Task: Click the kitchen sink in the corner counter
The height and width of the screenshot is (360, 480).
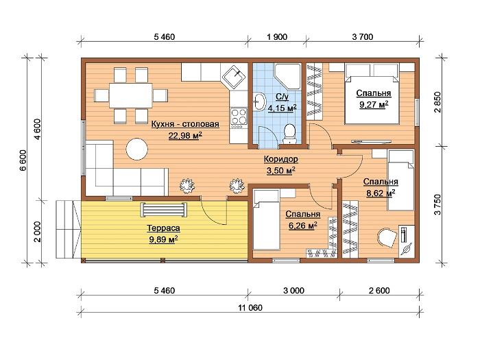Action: coord(235,77)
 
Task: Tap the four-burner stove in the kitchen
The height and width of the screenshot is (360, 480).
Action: coord(239,117)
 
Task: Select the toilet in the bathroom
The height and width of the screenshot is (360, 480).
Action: coord(289,134)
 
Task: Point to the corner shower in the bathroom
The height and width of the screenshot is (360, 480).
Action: coord(287,77)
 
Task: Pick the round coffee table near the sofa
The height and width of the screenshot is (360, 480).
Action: coord(137,149)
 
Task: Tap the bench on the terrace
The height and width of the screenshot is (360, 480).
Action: coord(164,210)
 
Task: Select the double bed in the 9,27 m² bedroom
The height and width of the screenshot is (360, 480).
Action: coord(372,94)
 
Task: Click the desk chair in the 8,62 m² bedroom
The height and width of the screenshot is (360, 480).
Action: coord(387,237)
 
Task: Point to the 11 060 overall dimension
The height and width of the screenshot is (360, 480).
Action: coord(250,308)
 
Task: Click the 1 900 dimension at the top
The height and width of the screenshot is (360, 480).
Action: coord(277,37)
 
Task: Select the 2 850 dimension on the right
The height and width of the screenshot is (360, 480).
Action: coord(437,102)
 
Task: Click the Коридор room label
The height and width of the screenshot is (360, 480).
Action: coord(280,159)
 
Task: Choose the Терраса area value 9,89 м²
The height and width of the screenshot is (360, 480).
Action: coord(164,239)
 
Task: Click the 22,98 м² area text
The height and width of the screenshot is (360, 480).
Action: coord(186,135)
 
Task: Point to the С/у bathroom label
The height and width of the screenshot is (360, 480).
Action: coord(282,97)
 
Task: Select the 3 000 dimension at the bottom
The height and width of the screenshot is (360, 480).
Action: coord(293,291)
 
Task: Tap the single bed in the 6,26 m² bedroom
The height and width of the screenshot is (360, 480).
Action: coord(266,220)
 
